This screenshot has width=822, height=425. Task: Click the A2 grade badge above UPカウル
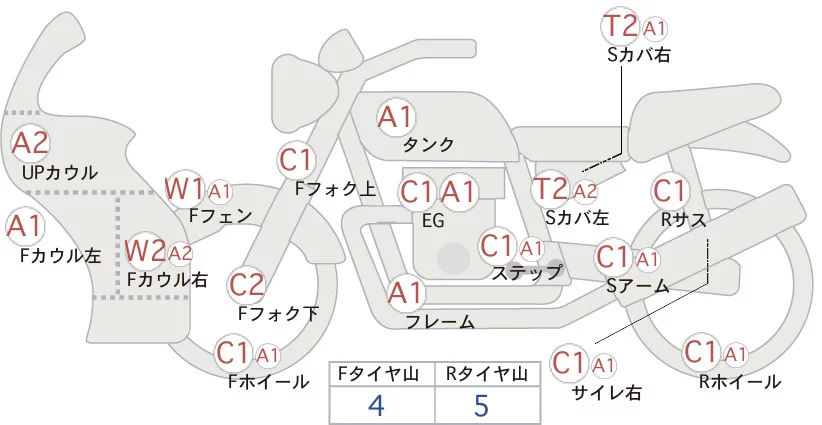pos(30,143)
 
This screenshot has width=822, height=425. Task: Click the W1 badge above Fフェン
pos(186,188)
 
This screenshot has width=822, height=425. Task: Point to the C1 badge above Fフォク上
pos(297,158)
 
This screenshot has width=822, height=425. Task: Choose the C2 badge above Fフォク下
pos(246,285)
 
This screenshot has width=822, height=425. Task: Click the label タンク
pos(428,144)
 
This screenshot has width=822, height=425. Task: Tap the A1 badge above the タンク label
pos(395,117)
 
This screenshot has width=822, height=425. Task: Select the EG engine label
pos(434,219)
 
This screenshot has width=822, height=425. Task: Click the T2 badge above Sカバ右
pos(621,26)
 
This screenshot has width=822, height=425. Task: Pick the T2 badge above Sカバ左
pos(551,188)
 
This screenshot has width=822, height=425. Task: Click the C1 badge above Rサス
pos(669,189)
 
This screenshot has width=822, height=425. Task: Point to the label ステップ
pos(527,271)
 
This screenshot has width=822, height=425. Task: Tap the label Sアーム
pos(638,285)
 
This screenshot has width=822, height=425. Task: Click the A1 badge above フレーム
pos(406,294)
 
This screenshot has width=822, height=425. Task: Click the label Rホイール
pos(740,381)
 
